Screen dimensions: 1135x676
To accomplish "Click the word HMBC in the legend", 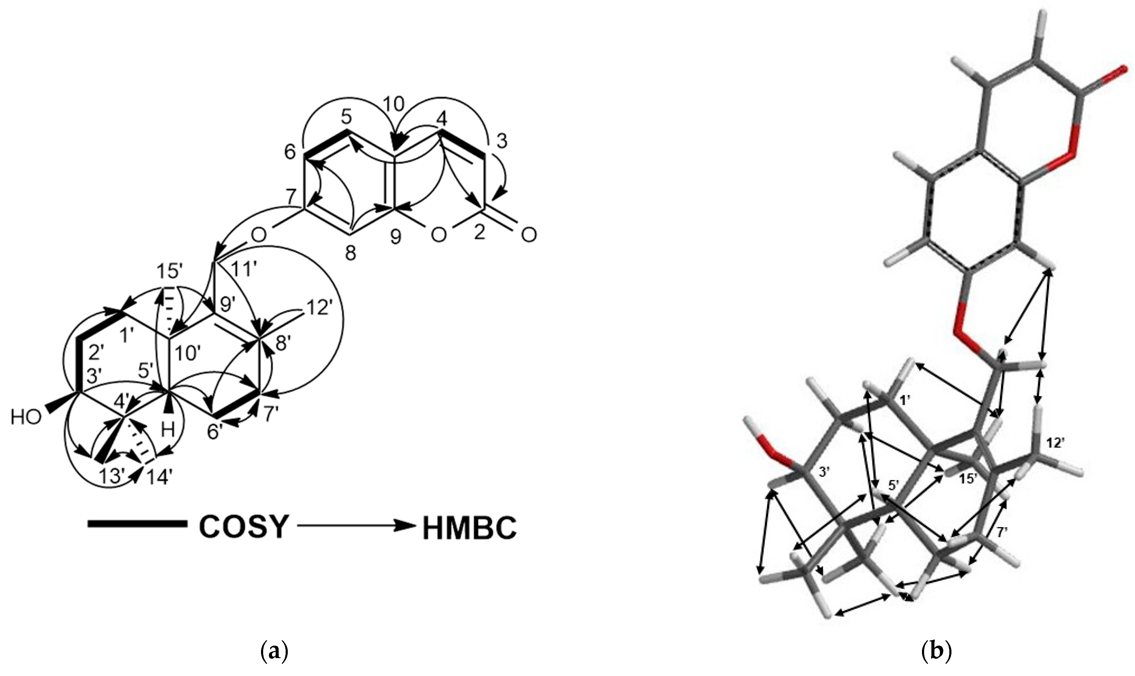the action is pyautogui.click(x=469, y=528).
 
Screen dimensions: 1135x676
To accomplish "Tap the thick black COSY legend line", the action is pyautogui.click(x=137, y=524).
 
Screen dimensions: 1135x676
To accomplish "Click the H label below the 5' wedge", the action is pyautogui.click(x=169, y=431).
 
